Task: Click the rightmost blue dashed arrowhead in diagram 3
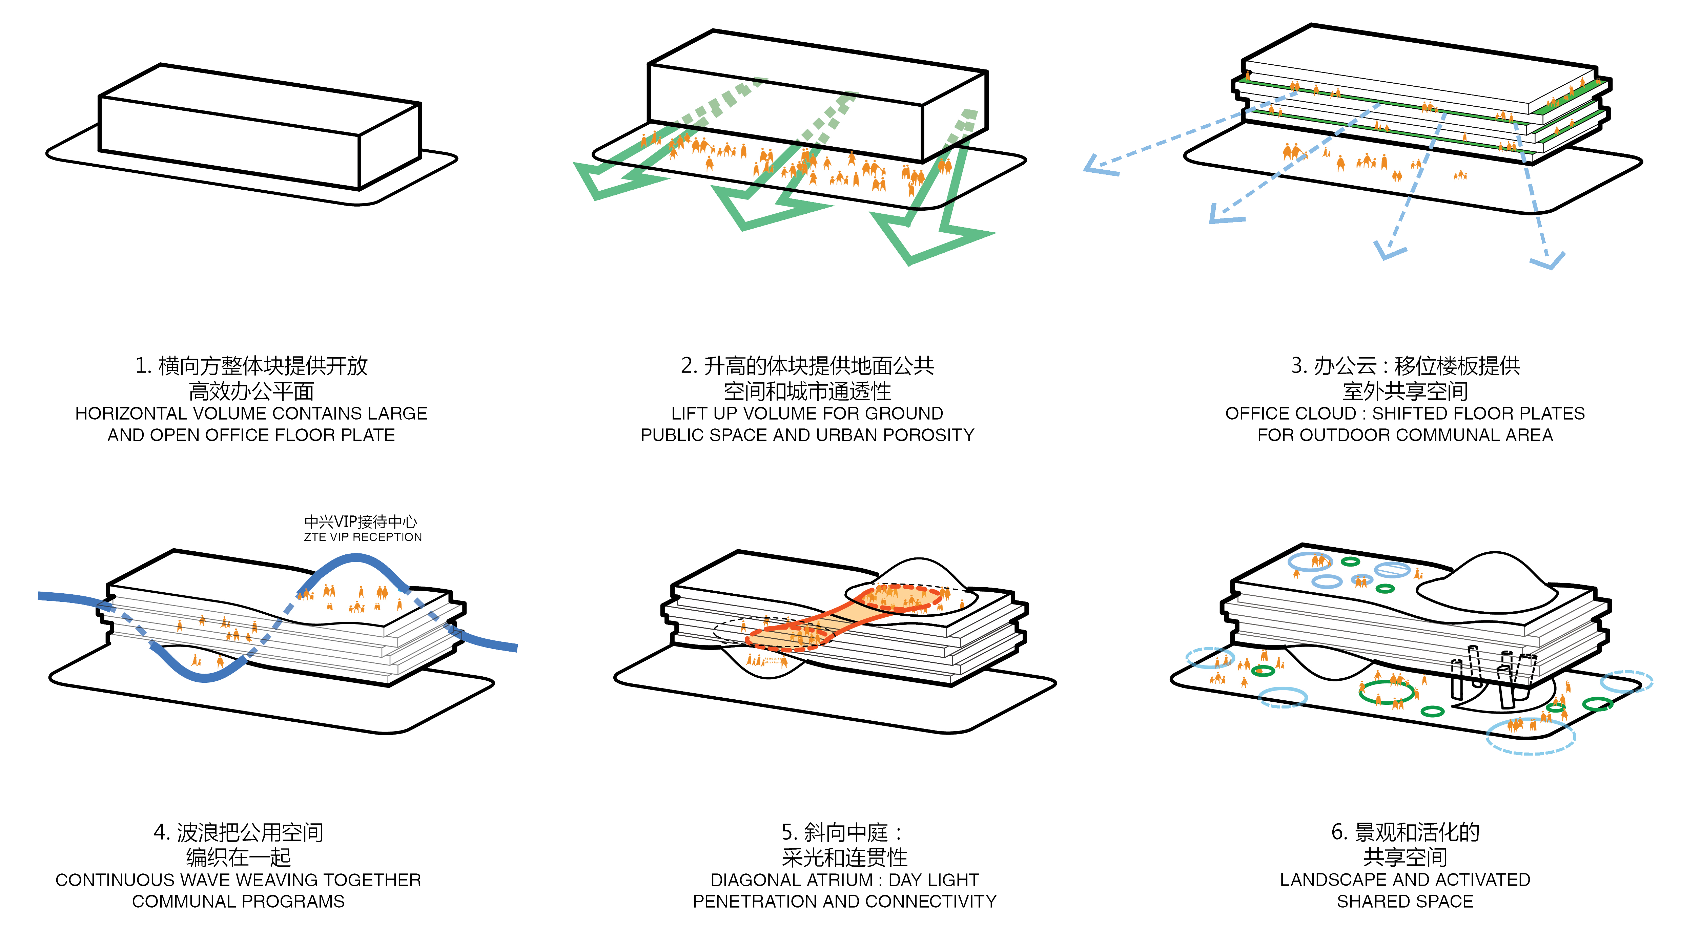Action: click(x=1548, y=261)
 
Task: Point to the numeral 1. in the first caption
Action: click(x=144, y=366)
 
